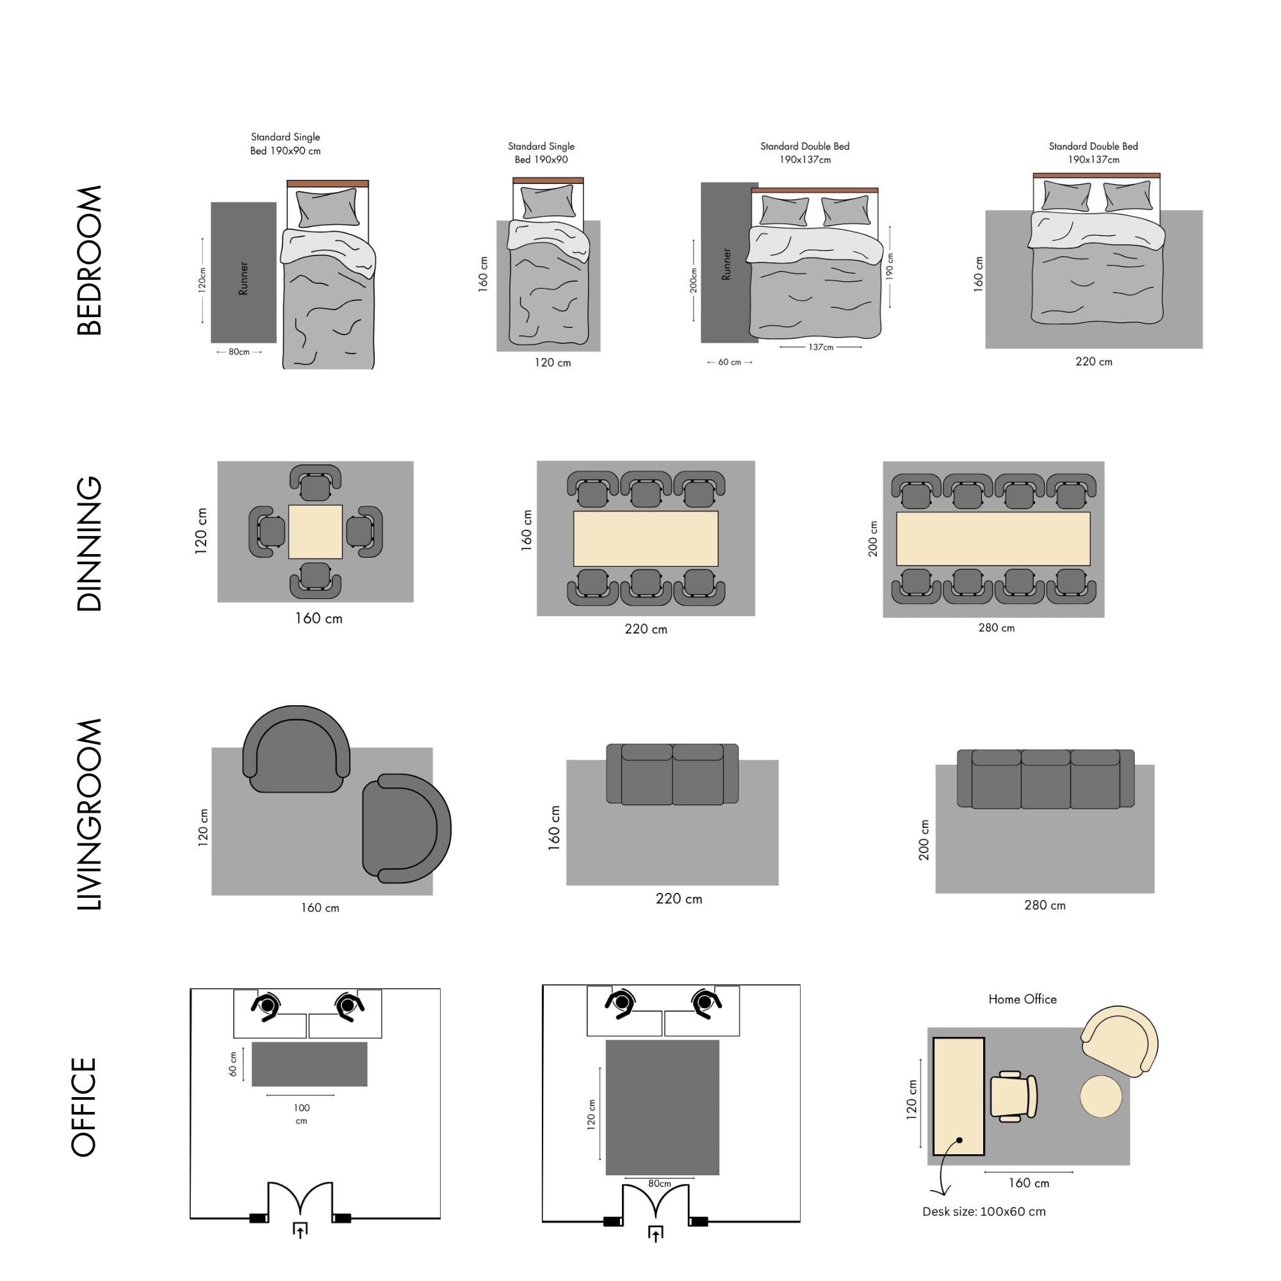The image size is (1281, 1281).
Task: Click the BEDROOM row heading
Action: [90, 261]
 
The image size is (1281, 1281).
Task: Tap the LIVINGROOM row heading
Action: [90, 814]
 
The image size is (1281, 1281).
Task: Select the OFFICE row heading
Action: [83, 1107]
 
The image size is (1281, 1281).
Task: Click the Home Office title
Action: [1022, 999]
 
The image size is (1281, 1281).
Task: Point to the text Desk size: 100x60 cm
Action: [984, 1211]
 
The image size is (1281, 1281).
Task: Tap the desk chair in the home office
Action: [1013, 1097]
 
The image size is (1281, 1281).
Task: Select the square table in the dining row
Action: [316, 532]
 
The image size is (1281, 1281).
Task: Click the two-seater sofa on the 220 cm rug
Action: [673, 774]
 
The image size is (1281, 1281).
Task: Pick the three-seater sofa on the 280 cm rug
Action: [1046, 779]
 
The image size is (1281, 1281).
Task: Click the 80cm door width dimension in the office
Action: [659, 1184]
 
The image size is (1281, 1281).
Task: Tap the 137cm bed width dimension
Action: [821, 347]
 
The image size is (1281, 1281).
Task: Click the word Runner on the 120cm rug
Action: [243, 278]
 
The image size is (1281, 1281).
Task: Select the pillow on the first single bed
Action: [327, 208]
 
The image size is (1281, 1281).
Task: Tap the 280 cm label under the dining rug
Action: [996, 628]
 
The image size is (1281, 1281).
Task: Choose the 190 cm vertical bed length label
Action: [890, 266]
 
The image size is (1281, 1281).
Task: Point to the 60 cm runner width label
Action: [730, 362]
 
